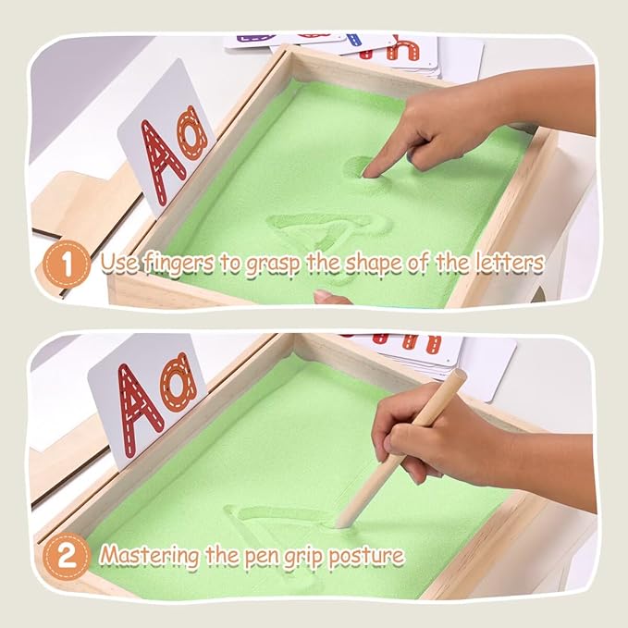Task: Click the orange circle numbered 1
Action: (67, 264)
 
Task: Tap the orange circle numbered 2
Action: (67, 556)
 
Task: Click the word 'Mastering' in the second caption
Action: (150, 556)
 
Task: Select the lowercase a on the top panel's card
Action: (194, 133)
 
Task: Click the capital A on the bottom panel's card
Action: (140, 410)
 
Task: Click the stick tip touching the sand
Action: (341, 523)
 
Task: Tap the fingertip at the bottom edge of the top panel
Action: (327, 297)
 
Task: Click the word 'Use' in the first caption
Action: (119, 263)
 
